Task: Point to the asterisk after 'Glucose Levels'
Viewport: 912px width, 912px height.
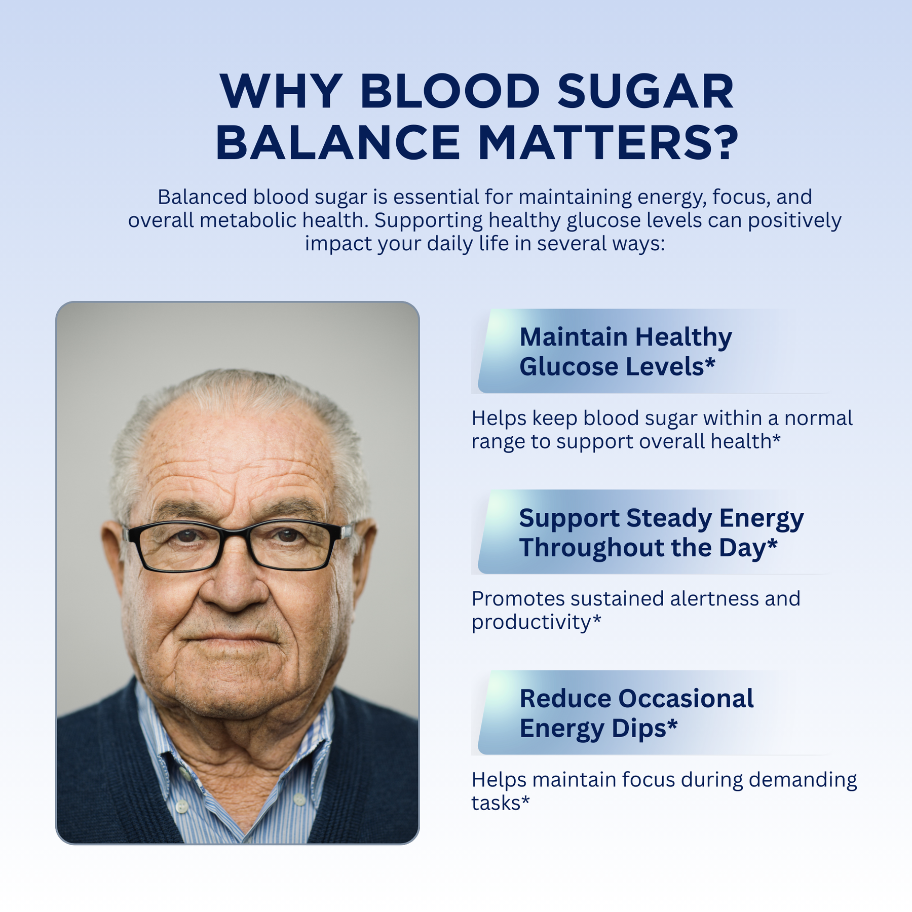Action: (710, 362)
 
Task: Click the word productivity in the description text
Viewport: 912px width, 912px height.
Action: (531, 622)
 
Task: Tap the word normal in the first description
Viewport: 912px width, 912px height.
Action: (818, 418)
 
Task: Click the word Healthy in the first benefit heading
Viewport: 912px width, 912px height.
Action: (683, 338)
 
